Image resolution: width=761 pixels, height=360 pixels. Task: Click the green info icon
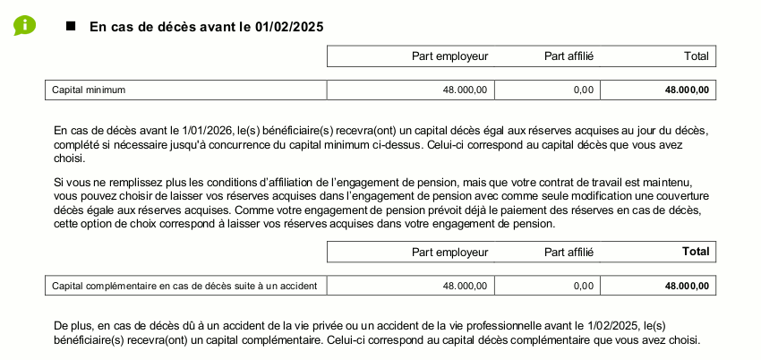[x=24, y=25]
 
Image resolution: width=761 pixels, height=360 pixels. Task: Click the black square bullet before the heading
[x=72, y=26]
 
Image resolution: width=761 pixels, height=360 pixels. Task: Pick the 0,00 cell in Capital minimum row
[x=583, y=90]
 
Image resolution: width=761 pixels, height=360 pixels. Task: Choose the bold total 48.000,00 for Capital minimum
[x=687, y=90]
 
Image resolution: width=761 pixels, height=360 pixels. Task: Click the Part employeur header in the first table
[x=449, y=56]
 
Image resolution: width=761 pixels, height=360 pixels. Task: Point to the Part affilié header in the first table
[x=569, y=56]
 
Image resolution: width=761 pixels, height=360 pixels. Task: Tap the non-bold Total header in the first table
[x=696, y=56]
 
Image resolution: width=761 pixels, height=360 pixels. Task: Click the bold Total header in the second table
[x=695, y=253]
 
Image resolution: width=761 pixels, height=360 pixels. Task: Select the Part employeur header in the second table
[x=449, y=253]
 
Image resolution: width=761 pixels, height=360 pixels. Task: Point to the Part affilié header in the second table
[x=569, y=253]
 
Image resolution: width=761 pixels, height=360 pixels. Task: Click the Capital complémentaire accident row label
[x=184, y=286]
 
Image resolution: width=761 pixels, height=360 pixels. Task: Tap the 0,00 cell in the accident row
[x=583, y=286]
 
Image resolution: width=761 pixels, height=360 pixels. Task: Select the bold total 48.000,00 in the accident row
[x=687, y=286]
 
